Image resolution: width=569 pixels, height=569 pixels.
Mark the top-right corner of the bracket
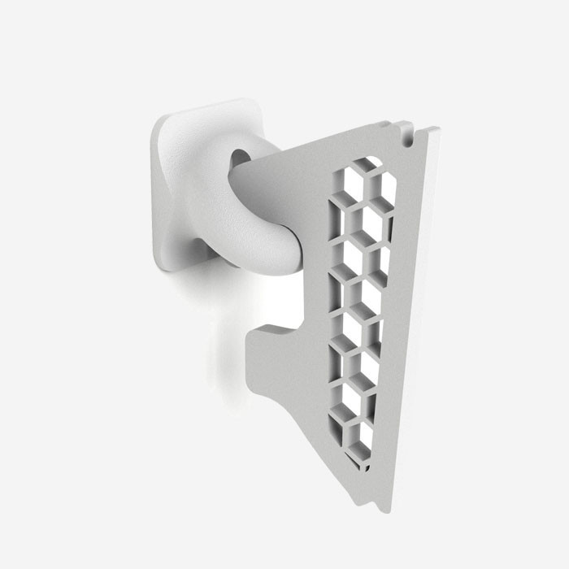point(436,130)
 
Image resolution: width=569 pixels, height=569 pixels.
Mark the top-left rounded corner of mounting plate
point(159,122)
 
